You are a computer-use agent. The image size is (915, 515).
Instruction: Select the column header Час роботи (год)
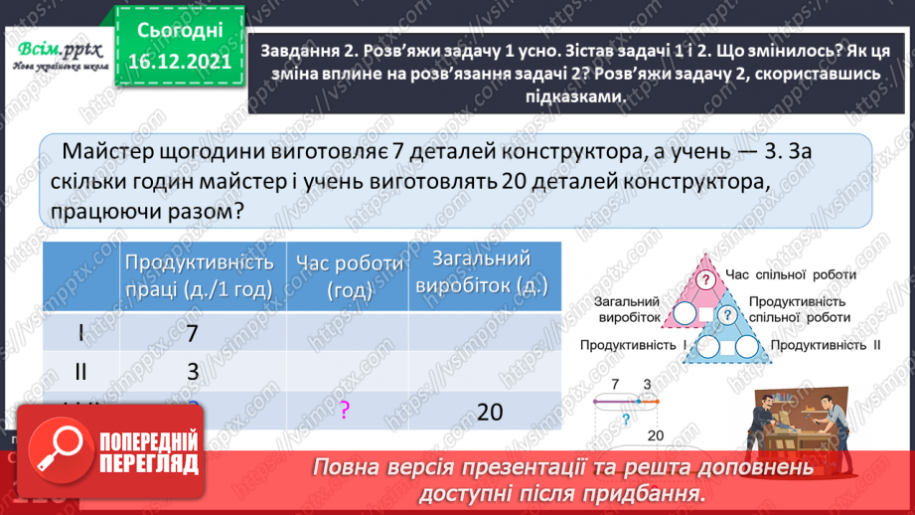point(349,275)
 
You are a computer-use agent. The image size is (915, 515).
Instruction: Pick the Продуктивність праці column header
point(199,275)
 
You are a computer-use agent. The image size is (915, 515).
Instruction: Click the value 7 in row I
point(193,334)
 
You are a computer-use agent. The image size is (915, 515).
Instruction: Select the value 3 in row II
point(193,372)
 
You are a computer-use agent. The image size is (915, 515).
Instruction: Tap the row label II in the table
point(81,372)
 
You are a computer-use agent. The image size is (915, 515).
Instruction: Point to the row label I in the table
point(81,334)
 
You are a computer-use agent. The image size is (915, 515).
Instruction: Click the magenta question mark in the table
point(344,410)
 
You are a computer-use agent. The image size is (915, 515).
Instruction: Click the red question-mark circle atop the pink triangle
point(706,279)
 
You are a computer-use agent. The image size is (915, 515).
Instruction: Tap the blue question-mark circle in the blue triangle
point(727,315)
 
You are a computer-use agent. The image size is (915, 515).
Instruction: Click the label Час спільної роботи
point(781,274)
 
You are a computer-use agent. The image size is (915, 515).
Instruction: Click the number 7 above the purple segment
point(616,384)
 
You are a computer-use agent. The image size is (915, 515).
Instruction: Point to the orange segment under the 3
point(647,400)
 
